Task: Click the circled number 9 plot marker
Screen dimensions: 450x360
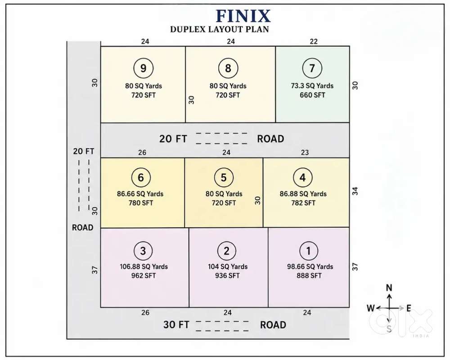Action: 143,68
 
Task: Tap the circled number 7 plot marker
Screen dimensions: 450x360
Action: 312,68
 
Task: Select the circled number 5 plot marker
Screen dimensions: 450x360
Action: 224,177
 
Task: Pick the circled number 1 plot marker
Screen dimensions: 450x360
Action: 309,251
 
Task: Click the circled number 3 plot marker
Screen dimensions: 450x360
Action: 143,251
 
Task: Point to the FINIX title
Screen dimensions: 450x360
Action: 243,16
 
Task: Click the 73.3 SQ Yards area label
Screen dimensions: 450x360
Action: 312,86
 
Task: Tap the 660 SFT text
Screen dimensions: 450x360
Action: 312,95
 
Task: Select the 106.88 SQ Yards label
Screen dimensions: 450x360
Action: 144,266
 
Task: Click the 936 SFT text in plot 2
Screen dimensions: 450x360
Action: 227,275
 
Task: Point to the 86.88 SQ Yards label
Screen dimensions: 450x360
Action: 303,194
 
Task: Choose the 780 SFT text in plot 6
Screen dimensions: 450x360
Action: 140,203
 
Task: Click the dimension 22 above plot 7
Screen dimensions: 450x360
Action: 314,42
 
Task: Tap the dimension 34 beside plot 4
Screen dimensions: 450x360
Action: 355,191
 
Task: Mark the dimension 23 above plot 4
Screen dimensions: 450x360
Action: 305,153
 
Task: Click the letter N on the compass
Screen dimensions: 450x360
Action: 389,288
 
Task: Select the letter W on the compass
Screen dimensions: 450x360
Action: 370,308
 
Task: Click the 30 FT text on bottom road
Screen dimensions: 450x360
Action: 176,325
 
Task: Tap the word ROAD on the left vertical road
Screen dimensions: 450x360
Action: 82,227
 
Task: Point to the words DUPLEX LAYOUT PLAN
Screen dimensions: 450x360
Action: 220,29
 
